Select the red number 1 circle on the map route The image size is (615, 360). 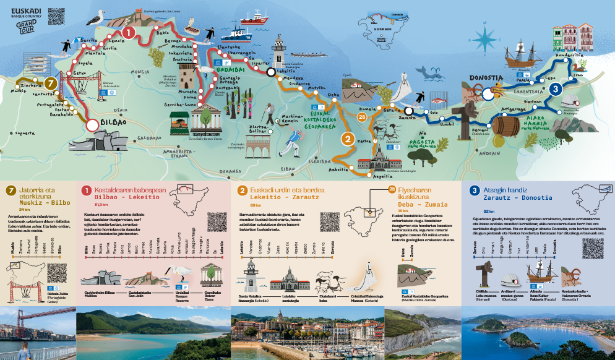click(x=128, y=32)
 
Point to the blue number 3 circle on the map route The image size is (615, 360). click(x=555, y=89)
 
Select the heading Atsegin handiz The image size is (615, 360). click(x=506, y=190)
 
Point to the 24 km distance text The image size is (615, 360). click(x=25, y=210)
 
